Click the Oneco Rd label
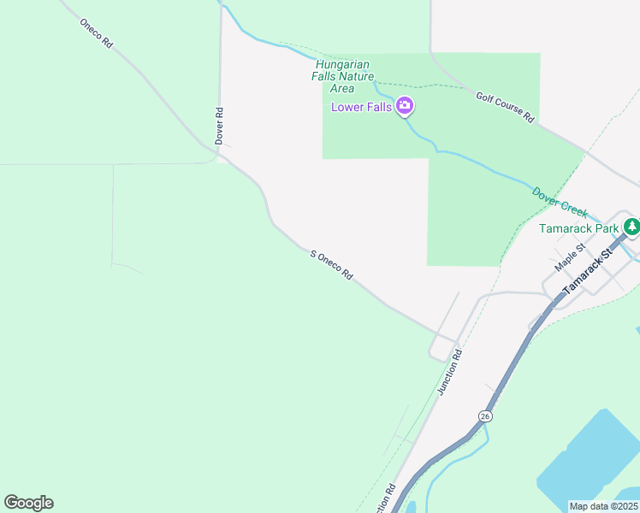tap(96, 32)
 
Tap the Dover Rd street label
tap(220, 125)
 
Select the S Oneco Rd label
tap(332, 266)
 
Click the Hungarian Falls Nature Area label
tap(343, 76)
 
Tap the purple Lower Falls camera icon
tap(405, 107)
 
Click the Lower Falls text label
tap(361, 107)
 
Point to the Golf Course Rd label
tap(505, 107)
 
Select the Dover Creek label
tap(560, 203)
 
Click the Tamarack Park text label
tap(579, 228)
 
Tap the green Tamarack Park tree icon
tap(631, 227)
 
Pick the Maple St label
tap(568, 256)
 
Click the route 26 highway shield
tap(485, 416)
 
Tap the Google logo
tap(28, 502)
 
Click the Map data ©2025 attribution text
tap(603, 506)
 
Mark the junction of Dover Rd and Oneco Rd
tap(219, 157)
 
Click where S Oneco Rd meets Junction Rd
tap(455, 340)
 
